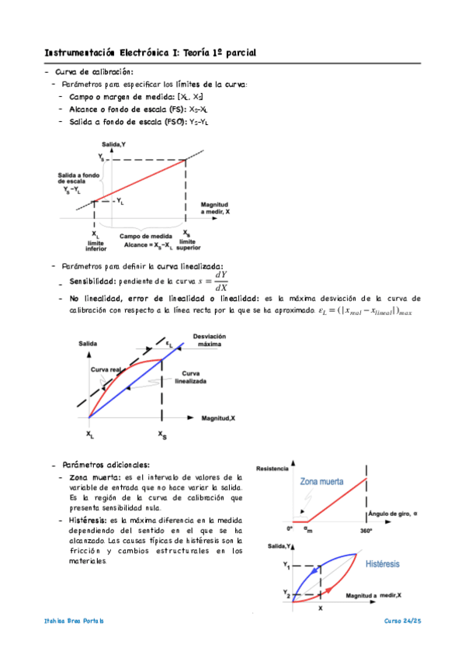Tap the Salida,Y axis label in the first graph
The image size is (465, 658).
114,146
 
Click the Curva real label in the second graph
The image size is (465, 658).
106,370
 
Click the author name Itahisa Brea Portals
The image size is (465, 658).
75,622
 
